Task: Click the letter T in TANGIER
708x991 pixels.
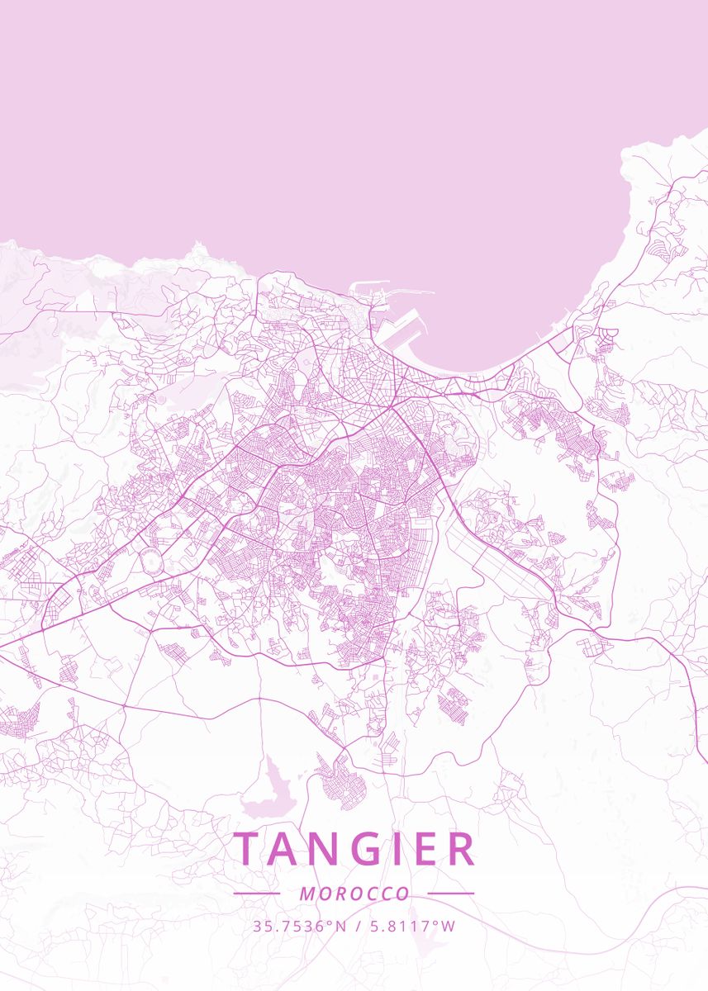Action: click(248, 849)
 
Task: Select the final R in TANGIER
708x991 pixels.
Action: click(461, 849)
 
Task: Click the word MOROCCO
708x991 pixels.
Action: click(354, 894)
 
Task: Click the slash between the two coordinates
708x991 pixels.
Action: click(356, 927)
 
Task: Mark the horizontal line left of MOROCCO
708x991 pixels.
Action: click(257, 894)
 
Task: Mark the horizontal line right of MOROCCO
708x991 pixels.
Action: click(451, 894)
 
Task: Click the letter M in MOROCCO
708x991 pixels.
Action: click(306, 894)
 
